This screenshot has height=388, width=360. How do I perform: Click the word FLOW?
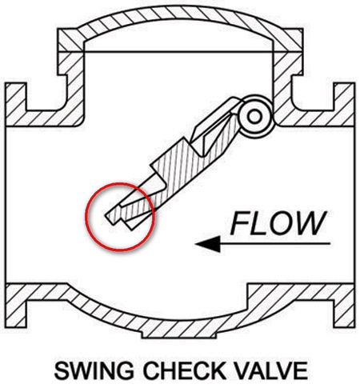278,223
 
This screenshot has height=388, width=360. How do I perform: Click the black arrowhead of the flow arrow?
209,244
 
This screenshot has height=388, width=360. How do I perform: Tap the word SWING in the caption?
94,370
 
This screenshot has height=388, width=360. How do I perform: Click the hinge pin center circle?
254,117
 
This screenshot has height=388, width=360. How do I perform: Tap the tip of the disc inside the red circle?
106,215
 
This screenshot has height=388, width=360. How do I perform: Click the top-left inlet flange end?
16,104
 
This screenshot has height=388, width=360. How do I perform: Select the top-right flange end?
344,104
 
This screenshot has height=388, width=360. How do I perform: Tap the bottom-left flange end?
16,306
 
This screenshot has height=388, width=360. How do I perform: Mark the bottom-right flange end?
344,306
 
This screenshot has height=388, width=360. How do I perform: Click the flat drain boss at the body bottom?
179,335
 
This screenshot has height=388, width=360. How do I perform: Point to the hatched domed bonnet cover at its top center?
179,12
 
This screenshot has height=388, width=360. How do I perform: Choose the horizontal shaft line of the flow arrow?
275,243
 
